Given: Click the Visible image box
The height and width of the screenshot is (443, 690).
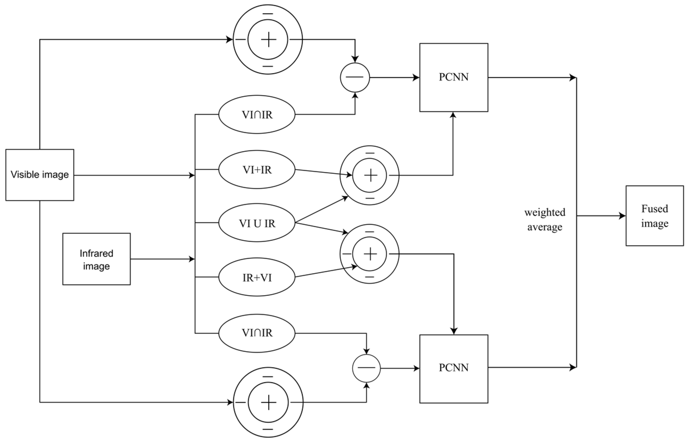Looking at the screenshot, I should point(40,175).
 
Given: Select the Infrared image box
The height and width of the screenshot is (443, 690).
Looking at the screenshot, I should point(96,259).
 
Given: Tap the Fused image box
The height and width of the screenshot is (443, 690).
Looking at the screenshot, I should point(654,216).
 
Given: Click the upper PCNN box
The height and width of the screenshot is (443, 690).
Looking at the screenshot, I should point(453,77).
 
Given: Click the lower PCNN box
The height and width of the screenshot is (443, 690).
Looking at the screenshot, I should point(453,369).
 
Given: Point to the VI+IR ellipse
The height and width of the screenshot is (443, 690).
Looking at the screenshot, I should point(257,170).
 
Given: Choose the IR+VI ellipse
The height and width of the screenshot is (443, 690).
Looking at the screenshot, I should point(257,277).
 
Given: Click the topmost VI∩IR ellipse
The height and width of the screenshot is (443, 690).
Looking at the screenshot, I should point(257,115).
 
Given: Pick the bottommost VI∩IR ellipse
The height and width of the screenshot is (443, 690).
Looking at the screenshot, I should point(257,333).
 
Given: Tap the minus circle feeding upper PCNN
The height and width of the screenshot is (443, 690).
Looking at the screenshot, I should point(355,77).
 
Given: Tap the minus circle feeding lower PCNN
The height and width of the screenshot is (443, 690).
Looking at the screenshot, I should point(366,368).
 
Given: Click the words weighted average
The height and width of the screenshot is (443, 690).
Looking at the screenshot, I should point(544,220).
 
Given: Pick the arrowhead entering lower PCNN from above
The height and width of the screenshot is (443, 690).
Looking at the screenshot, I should point(454,331).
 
